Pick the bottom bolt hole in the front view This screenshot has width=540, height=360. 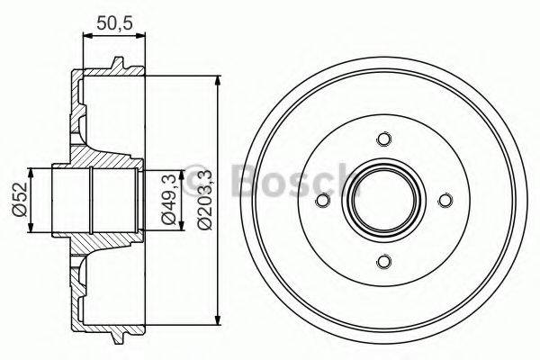pyautogui.click(x=384, y=262)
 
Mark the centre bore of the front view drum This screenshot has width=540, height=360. pyautogui.click(x=384, y=200)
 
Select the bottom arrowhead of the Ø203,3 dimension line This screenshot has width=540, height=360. pyautogui.click(x=219, y=321)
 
